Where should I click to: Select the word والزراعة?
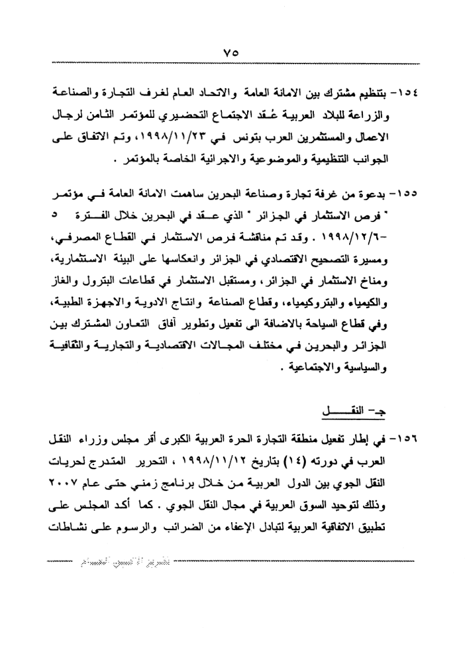tap(395, 115)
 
